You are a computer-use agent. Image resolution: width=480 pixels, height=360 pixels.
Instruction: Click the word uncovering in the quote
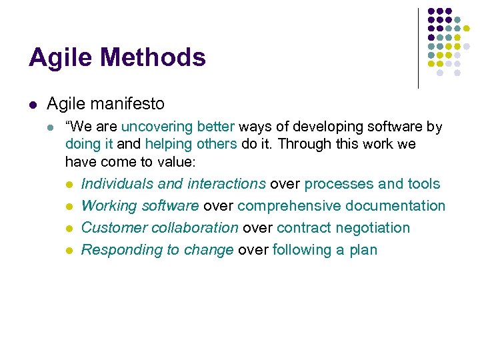(157, 127)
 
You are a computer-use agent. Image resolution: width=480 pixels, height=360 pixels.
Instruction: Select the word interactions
(227, 183)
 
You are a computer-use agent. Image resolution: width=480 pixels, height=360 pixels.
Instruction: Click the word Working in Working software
(105, 205)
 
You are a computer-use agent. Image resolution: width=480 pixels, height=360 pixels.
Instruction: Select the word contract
(303, 227)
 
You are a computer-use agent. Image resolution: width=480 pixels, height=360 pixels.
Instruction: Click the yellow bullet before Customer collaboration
(70, 228)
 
